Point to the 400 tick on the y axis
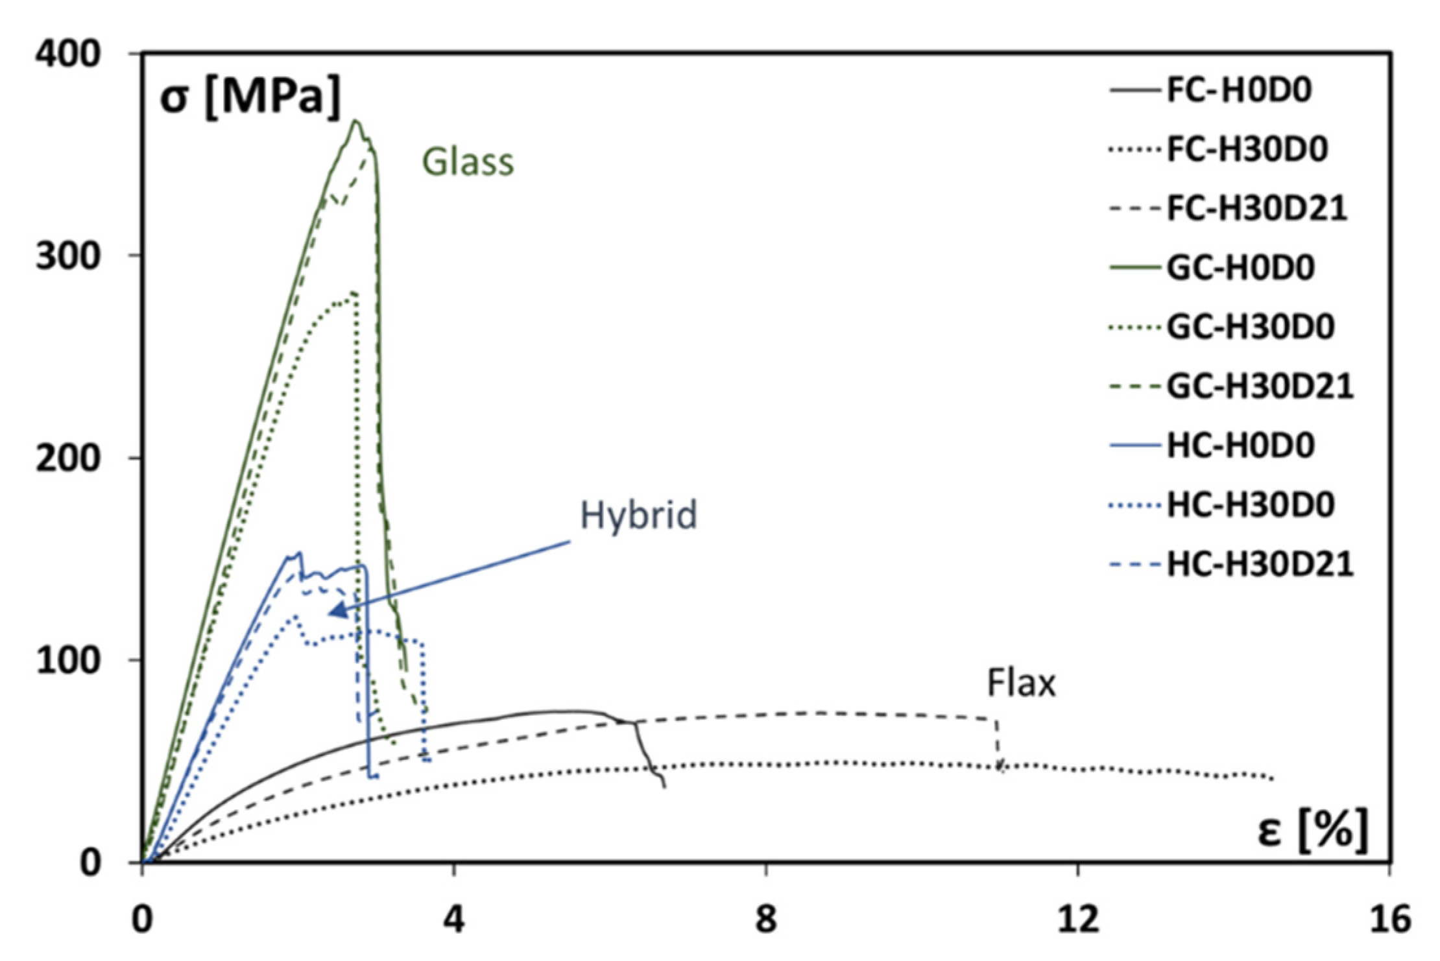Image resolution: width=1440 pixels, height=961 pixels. coord(69,54)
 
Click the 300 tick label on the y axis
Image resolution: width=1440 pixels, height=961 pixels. coord(69,257)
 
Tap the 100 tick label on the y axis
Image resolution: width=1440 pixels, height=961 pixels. coord(69,661)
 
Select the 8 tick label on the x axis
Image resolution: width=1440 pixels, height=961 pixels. coord(766,919)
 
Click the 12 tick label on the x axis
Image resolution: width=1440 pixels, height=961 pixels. coord(1078,919)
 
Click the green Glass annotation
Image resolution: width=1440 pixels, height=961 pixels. coord(468,162)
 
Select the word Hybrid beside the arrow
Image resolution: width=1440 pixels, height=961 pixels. coord(638,516)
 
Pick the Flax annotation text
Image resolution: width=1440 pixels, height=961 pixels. coord(1021,683)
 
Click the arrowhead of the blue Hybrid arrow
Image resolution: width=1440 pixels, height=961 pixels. coord(333,612)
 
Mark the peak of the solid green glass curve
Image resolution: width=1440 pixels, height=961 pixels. coord(355,121)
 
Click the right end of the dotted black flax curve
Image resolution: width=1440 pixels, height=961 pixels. coord(1273,779)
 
